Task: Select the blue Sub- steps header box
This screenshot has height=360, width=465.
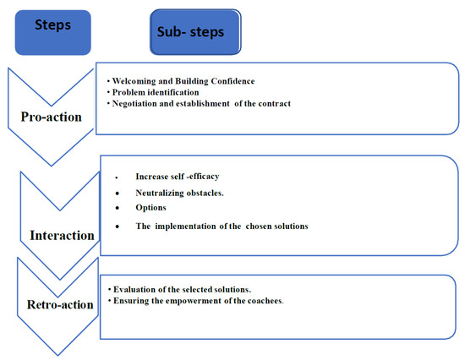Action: pyautogui.click(x=195, y=33)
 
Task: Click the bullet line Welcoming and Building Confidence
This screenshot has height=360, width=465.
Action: pyautogui.click(x=183, y=79)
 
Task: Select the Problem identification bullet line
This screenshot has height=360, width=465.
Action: pyautogui.click(x=156, y=91)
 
